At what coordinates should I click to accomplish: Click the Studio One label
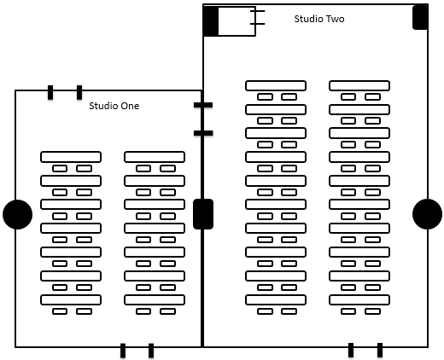pos(114,106)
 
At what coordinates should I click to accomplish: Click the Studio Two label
pos(319,19)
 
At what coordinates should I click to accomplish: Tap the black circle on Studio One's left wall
pos(17,214)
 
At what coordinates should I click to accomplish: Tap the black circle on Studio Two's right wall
pos(427,214)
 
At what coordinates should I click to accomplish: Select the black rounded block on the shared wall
pos(203,214)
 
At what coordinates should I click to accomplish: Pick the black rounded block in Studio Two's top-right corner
pos(420,17)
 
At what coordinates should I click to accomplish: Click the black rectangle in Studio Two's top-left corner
pos(211,21)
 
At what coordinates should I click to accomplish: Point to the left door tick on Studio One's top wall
pos(50,92)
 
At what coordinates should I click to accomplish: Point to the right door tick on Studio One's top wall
pos(79,92)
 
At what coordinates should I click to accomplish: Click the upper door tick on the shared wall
pos(203,105)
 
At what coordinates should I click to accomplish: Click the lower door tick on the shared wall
pos(203,133)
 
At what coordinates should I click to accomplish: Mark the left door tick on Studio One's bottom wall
pos(123,351)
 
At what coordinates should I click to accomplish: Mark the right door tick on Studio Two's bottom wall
pos(380,350)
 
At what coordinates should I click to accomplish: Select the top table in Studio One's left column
pos(71,157)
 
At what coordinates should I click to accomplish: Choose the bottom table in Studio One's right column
pos(155,300)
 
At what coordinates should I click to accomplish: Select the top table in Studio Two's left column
pos(276,85)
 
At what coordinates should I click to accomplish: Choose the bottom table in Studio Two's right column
pos(359,300)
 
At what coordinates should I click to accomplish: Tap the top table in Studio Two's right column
pos(359,85)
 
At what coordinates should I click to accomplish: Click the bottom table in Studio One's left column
pos(71,300)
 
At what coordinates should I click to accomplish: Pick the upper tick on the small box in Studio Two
pos(258,11)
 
